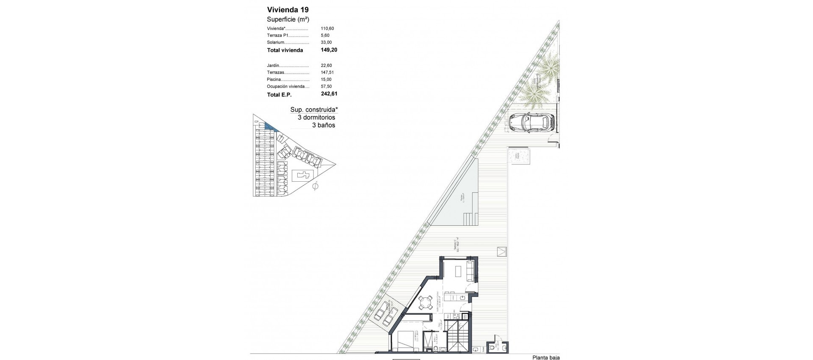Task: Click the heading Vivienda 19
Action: point(288,10)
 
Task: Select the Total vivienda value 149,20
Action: point(329,50)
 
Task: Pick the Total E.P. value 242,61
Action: point(329,94)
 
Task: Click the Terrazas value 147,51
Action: point(327,72)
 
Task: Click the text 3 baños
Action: point(324,125)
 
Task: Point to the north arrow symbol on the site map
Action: point(315,186)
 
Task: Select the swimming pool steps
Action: point(471,219)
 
